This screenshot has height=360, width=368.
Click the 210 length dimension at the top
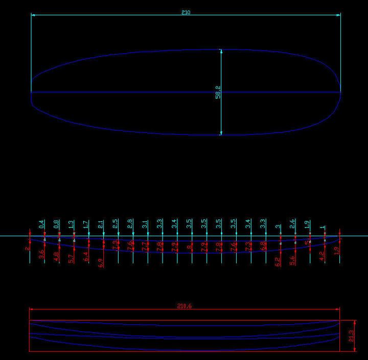coord(186,12)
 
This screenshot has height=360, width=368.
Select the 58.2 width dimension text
coord(218,92)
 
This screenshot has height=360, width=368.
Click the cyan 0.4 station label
coord(41,224)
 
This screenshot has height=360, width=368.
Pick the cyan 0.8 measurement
coord(56,224)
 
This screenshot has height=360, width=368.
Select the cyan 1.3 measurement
coord(71,224)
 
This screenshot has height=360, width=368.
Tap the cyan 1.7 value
coord(86,224)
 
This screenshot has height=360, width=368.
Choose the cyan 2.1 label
coord(101,224)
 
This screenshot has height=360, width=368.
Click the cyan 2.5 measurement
coord(116,224)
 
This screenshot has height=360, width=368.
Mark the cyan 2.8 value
coord(130,224)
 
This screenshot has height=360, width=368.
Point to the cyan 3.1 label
coord(145,224)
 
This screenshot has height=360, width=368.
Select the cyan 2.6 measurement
coord(292,224)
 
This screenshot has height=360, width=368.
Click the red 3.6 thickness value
coord(41,253)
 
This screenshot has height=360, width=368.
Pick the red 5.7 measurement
coord(71,259)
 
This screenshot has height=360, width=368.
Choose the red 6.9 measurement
coord(101,264)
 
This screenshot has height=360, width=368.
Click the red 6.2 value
coord(278,262)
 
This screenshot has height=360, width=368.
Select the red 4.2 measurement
coord(322,256)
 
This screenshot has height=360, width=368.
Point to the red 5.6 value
coord(292,260)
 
